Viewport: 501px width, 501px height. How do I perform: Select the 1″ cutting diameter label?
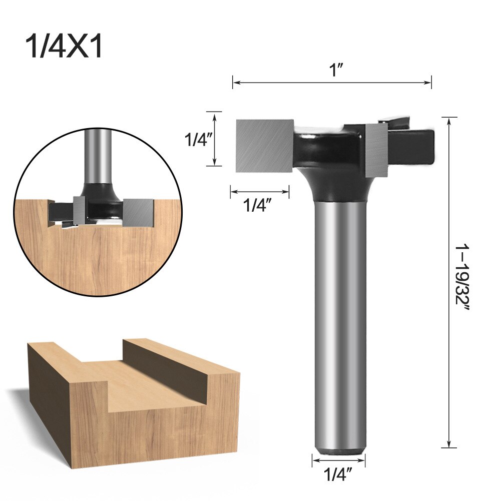332,71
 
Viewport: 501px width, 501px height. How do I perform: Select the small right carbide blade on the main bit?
376,150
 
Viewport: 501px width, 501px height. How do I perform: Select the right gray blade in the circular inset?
138,211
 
